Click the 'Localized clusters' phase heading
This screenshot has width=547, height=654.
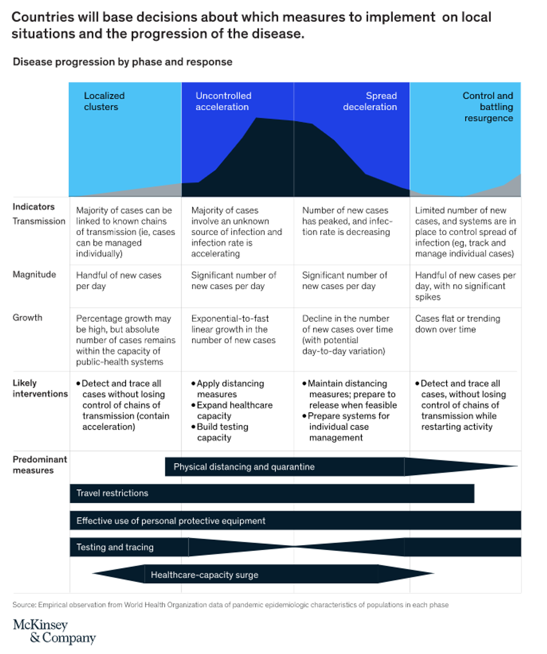[104, 101]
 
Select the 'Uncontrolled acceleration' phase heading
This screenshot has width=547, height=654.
[223, 101]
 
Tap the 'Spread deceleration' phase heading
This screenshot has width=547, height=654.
[370, 101]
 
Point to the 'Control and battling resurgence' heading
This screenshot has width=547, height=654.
[488, 107]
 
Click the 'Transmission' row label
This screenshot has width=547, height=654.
[39, 221]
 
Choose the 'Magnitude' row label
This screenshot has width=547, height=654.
[34, 275]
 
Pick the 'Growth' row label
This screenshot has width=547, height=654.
[27, 317]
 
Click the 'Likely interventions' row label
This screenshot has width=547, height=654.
[40, 388]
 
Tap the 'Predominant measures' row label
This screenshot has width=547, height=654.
[40, 465]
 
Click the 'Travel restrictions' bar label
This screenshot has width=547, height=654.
[112, 493]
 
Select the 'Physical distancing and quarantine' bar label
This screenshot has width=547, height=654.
[244, 467]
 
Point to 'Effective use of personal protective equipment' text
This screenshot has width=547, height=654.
[170, 521]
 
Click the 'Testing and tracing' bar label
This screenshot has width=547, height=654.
[115, 547]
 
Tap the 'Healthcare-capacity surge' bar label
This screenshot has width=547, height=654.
[204, 575]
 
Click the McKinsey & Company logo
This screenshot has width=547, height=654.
[54, 631]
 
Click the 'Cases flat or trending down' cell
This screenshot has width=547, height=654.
[457, 324]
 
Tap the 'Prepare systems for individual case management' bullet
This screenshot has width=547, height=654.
[347, 427]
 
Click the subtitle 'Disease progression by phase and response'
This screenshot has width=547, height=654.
[123, 62]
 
